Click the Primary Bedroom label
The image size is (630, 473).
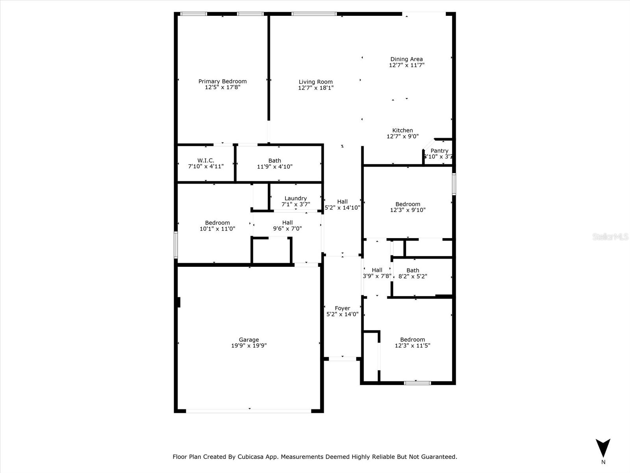click(x=222, y=81)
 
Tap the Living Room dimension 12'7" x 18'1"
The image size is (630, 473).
click(x=316, y=88)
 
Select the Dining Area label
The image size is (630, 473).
click(x=406, y=59)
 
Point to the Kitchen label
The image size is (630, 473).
click(x=402, y=130)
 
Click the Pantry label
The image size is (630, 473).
click(x=439, y=151)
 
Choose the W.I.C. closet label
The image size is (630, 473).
click(x=206, y=160)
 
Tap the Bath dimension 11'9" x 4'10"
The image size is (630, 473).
click(x=274, y=167)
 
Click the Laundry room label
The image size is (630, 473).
click(x=295, y=198)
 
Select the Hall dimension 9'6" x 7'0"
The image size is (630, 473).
click(x=287, y=229)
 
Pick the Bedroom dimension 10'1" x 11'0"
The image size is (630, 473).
click(x=217, y=229)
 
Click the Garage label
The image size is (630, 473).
click(x=249, y=339)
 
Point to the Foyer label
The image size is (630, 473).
click(x=342, y=308)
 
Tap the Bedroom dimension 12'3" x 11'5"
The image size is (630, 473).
click(x=412, y=346)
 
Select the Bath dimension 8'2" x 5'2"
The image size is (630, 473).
click(x=413, y=276)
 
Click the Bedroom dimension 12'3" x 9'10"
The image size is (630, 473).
click(x=408, y=210)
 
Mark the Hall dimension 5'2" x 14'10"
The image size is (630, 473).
click(x=342, y=208)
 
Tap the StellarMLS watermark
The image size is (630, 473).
click(x=610, y=237)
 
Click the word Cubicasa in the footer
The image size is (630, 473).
click(x=252, y=457)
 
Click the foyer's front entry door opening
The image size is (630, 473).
click(x=342, y=359)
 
